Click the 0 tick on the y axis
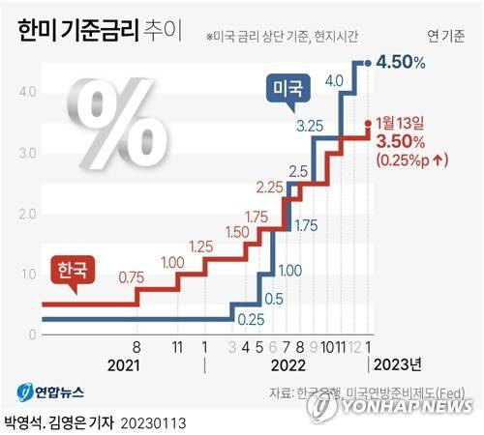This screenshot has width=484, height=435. click(x=33, y=334)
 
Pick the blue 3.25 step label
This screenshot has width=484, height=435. click(x=309, y=126)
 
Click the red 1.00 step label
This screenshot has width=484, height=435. click(x=173, y=262)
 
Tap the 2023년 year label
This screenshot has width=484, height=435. click(x=398, y=366)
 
